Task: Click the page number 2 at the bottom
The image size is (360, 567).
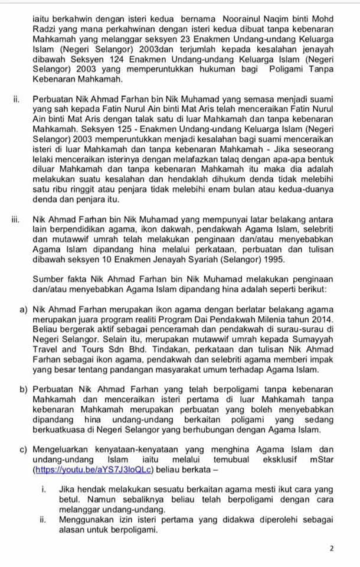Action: point(332,548)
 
